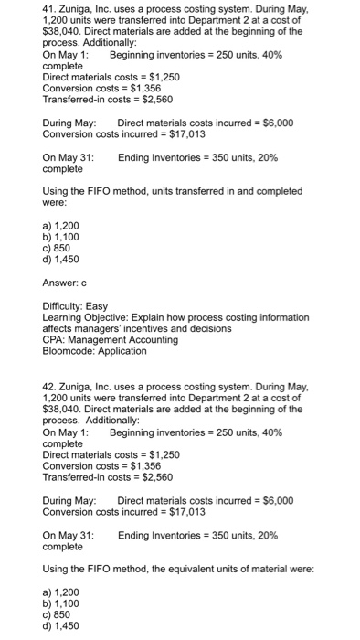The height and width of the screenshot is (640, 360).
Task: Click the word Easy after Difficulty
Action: click(96, 306)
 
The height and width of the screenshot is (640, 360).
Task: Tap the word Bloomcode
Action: click(71, 350)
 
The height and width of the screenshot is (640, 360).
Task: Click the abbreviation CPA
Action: click(55, 339)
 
